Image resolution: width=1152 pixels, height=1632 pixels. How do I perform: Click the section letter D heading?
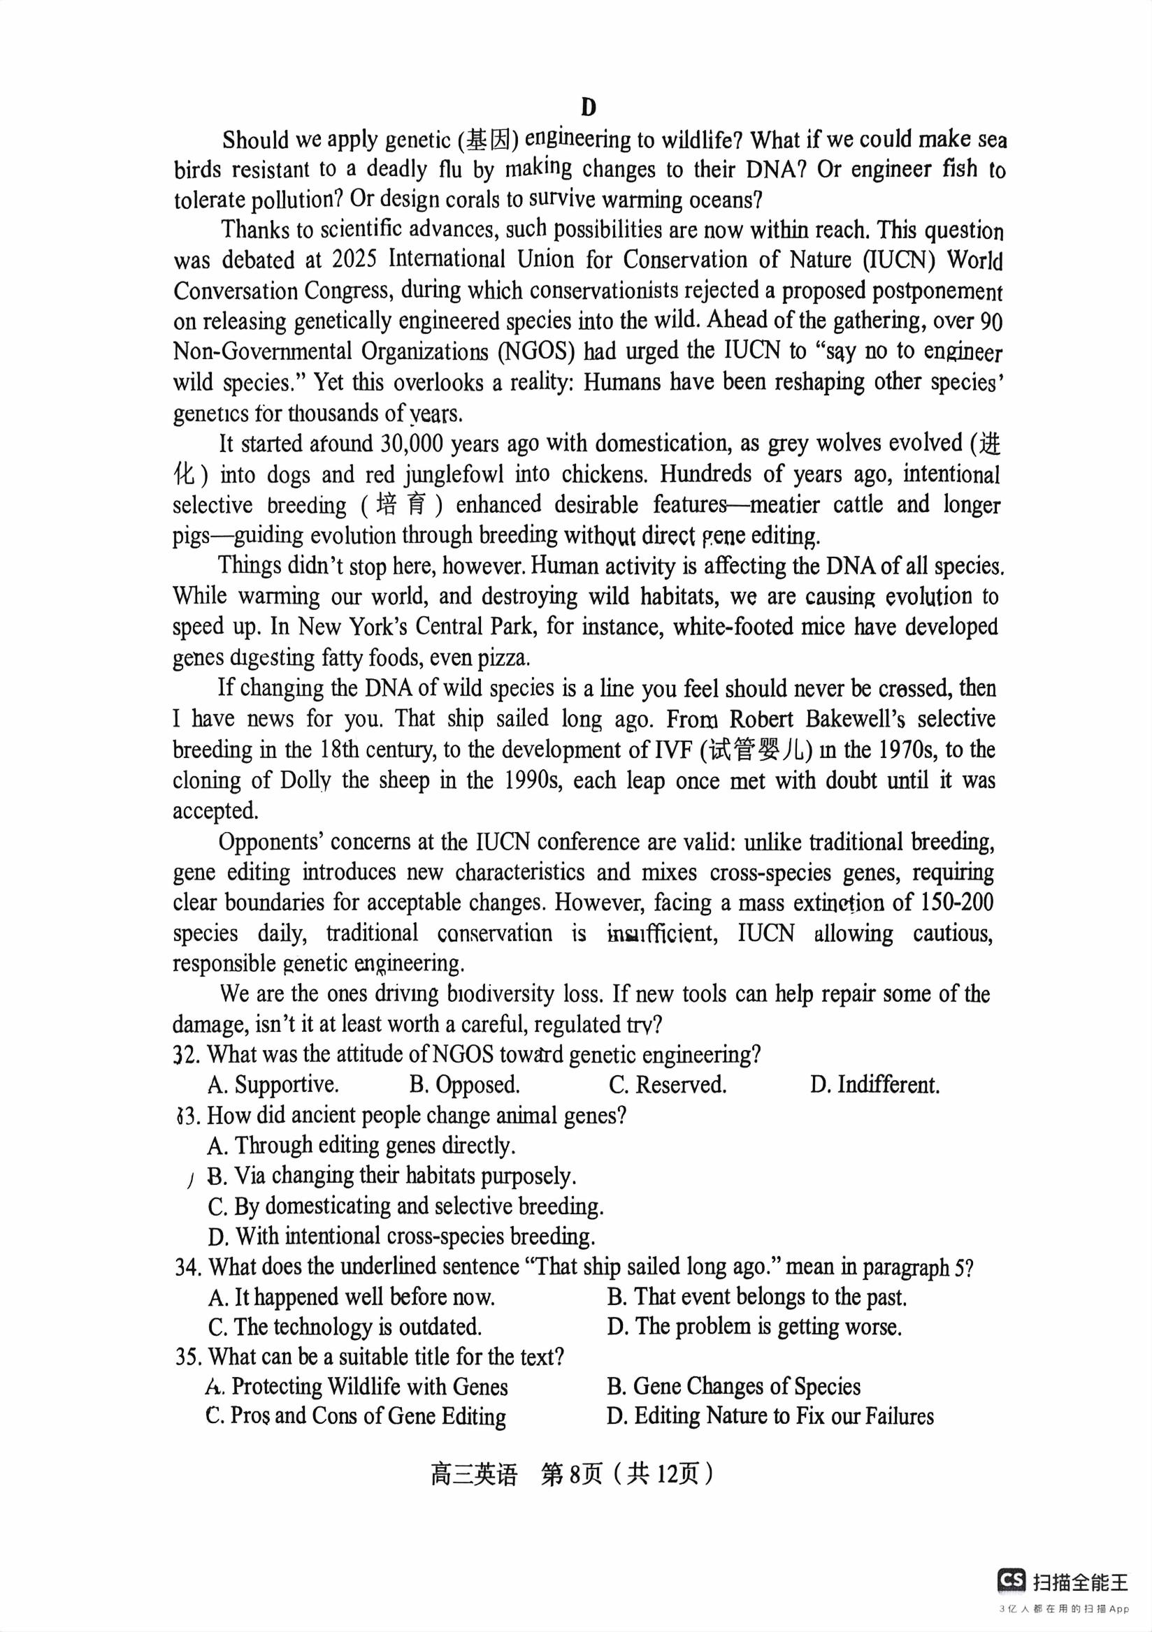[588, 108]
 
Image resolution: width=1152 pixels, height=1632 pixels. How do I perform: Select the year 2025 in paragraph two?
[354, 260]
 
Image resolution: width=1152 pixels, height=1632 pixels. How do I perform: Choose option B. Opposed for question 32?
[464, 1085]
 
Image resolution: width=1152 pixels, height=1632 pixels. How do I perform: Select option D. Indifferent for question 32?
[874, 1085]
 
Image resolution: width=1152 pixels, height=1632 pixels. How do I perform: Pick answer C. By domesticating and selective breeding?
[405, 1207]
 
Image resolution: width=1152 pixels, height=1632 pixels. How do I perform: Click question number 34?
[188, 1267]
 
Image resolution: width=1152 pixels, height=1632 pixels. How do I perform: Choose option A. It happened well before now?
[352, 1298]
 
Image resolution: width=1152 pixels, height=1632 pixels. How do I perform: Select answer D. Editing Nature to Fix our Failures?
[770, 1416]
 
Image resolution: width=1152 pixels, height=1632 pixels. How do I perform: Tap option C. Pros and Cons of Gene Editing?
[356, 1416]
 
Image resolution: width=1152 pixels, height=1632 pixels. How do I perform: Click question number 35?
[188, 1357]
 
